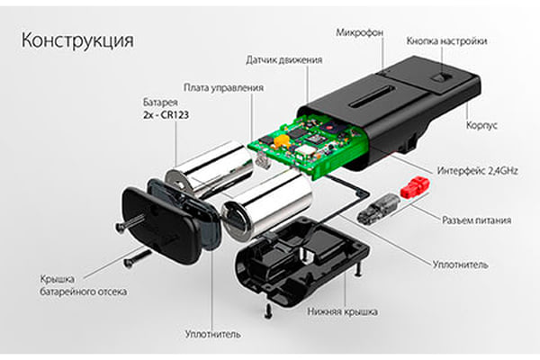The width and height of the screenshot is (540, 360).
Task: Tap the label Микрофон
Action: (x=358, y=33)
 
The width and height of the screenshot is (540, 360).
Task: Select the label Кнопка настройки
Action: (x=446, y=40)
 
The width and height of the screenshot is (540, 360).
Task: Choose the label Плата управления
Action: (x=223, y=87)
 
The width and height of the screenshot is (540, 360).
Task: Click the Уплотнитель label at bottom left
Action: (x=213, y=333)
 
